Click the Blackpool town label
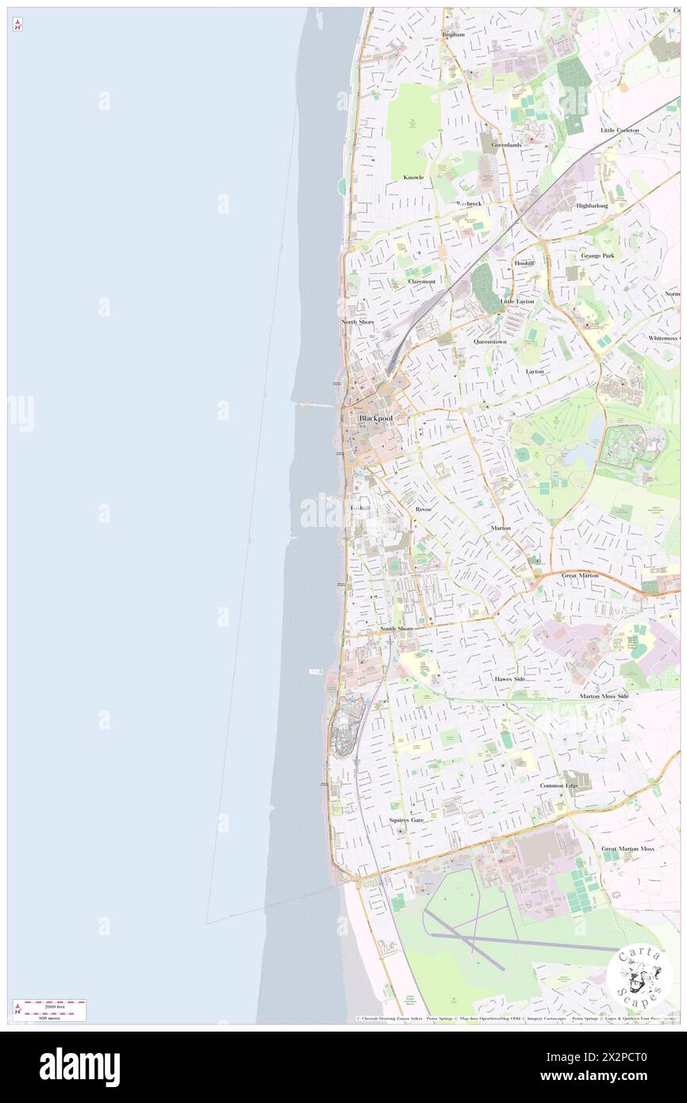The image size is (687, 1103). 376,417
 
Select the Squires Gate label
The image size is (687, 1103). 406,820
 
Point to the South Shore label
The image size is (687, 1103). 396,628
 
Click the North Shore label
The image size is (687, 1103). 358,321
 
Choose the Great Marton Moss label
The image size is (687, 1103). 628,848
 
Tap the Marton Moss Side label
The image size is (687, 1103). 604,696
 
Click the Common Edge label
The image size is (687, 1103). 559,786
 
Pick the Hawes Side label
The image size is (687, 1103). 509,679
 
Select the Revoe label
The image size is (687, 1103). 423,509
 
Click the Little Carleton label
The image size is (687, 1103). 620,129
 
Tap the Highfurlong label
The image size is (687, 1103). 592,206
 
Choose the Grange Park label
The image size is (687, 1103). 597,256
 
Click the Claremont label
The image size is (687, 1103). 421,281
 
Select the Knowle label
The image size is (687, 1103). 413,177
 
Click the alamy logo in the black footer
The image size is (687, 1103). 79,1066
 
